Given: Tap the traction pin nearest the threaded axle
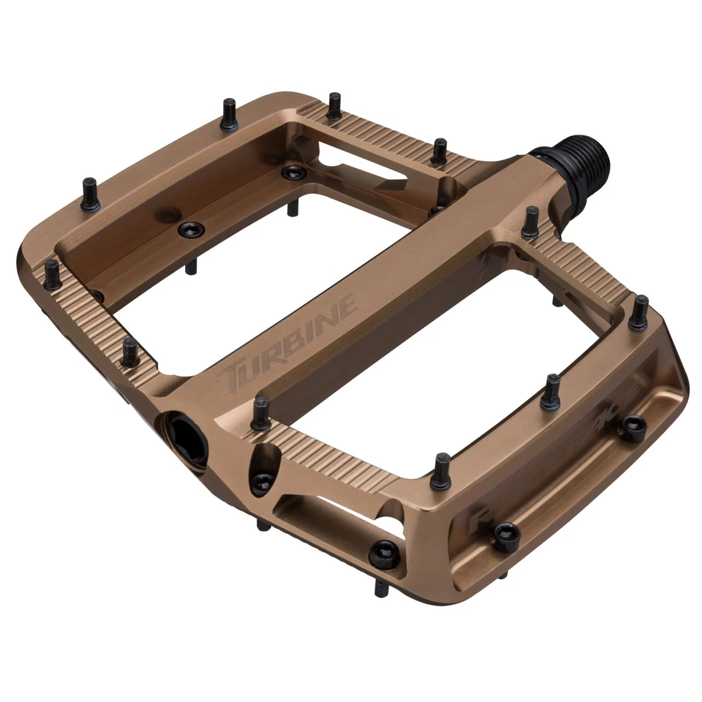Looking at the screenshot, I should [x=530, y=222].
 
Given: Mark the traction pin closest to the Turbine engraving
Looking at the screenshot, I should [x=260, y=413].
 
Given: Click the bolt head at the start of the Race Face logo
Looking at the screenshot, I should [x=506, y=537].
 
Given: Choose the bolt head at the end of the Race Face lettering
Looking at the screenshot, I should [x=632, y=426].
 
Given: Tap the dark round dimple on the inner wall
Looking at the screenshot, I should [x=170, y=214].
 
